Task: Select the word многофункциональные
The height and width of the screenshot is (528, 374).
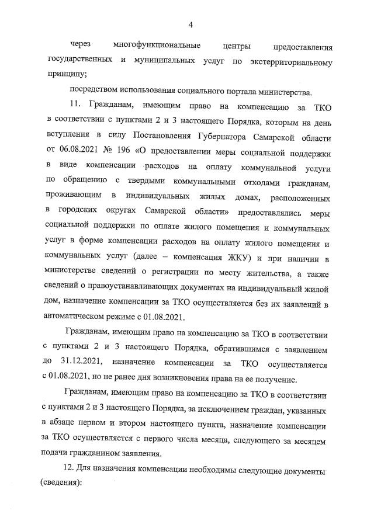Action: click(157, 46)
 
